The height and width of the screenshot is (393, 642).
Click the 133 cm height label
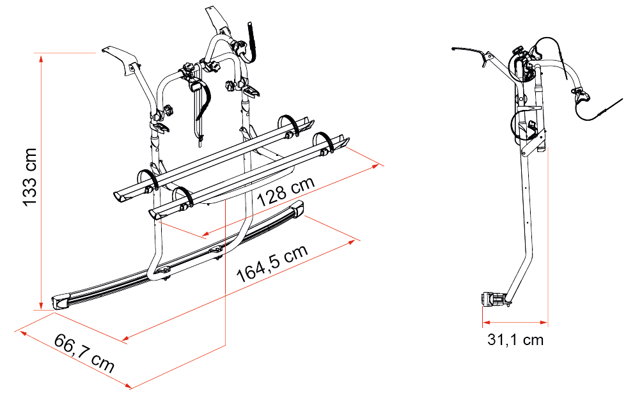click(30, 177)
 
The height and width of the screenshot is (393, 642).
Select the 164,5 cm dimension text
click(272, 263)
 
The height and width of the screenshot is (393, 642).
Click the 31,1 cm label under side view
click(515, 340)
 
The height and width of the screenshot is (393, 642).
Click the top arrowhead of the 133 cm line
click(41, 58)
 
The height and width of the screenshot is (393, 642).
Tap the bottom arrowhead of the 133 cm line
click(41, 305)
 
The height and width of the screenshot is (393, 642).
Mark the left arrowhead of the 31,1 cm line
click(486, 323)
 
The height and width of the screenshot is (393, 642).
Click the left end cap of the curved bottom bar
click(60, 302)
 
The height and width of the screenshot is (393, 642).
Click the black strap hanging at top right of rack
click(251, 42)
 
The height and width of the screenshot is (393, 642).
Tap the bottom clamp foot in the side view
click(494, 299)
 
